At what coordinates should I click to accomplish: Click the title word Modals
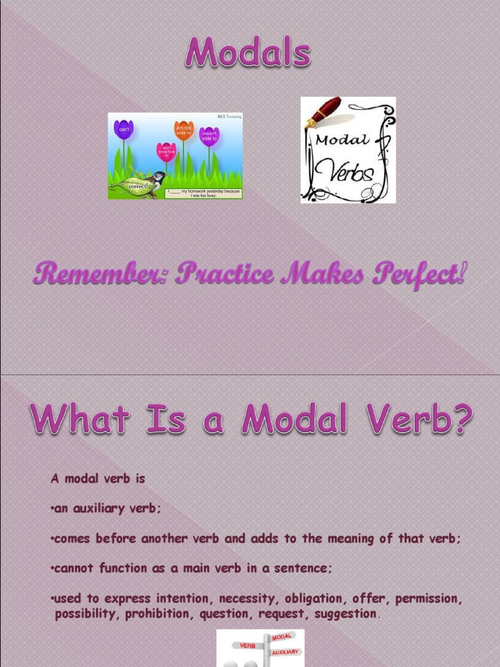tap(247, 53)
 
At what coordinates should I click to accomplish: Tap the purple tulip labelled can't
tap(123, 130)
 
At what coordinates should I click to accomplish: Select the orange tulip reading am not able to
tap(184, 130)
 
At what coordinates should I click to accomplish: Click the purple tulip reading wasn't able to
tap(209, 135)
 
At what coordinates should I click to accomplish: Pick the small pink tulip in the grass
tap(166, 152)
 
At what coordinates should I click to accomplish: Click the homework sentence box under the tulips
tap(202, 193)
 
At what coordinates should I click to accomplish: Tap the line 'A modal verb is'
tap(98, 479)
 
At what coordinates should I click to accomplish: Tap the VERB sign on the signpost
tap(248, 646)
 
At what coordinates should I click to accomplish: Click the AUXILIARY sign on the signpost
tap(285, 651)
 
